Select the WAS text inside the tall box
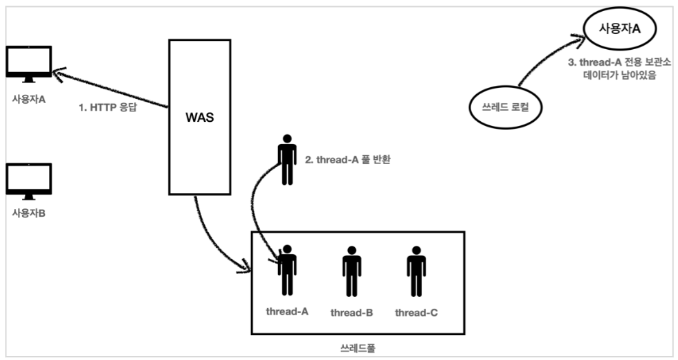click(200, 117)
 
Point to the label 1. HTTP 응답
click(107, 109)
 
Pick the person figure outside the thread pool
click(286, 160)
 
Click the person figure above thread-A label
click(286, 270)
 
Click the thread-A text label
click(286, 311)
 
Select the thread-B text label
click(351, 313)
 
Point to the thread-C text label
click(416, 313)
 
